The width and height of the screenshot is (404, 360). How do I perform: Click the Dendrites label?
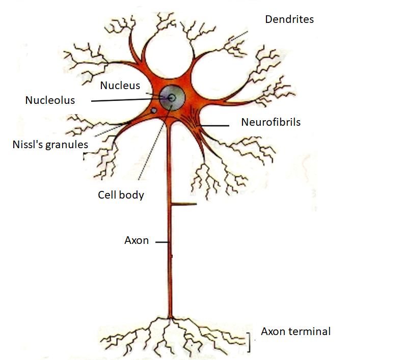pos(289,20)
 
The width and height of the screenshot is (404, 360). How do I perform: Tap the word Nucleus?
pos(120,86)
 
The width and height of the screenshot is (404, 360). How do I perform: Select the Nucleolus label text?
pos(50,100)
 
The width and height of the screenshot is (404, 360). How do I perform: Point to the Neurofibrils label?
pos(271,122)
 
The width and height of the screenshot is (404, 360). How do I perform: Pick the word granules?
pos(68,145)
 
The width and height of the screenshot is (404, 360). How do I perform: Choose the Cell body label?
pos(121,195)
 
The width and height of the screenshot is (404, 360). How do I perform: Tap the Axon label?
pos(137,240)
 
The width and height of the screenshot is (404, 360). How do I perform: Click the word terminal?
pos(311,331)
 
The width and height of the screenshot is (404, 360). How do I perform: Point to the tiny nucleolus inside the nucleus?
pos(172,97)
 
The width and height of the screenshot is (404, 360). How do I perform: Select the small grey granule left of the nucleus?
pos(153,110)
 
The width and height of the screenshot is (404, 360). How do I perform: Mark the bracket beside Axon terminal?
pos(250,342)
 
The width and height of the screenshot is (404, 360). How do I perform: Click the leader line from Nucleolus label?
pos(127,100)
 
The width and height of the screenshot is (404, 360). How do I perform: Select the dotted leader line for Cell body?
pos(153,153)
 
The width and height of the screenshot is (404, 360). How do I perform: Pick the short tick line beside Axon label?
pos(162,242)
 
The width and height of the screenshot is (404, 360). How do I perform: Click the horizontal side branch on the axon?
pos(183,205)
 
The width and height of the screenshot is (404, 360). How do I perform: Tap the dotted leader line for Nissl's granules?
pos(110,129)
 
